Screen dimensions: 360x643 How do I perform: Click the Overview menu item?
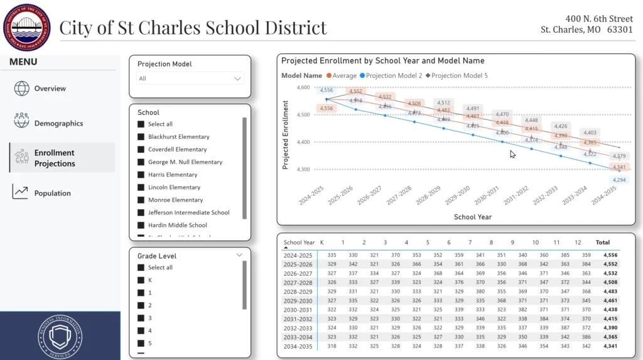[50, 89]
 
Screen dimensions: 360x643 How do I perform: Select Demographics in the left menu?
[58, 123]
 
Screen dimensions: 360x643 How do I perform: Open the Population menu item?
[52, 194]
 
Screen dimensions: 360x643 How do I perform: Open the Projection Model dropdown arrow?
[237, 79]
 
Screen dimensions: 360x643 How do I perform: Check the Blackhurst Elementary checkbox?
[141, 137]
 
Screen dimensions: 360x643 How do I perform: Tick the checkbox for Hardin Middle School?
[141, 225]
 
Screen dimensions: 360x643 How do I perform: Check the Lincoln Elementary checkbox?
[141, 187]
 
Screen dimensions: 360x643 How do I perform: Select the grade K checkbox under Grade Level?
[141, 280]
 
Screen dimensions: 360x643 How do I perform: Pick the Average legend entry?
[340, 76]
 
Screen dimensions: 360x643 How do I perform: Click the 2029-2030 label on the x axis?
[457, 199]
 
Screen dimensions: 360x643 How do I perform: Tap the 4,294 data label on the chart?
[619, 180]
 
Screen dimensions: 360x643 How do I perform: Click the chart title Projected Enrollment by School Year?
[382, 61]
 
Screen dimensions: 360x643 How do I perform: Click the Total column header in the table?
[602, 243]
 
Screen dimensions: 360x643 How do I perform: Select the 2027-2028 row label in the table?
[298, 283]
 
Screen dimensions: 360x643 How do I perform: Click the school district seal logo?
[27, 27]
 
